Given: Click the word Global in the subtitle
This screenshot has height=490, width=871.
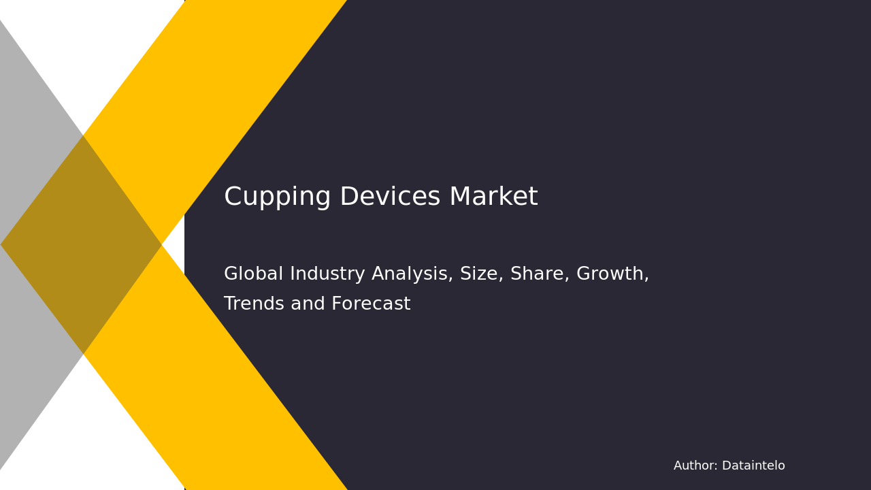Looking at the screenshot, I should click(252, 274).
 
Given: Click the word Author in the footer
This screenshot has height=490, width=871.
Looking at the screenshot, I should click(695, 466).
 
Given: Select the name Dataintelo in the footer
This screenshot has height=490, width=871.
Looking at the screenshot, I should click(753, 466).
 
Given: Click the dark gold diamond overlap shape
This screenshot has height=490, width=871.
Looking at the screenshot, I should click(82, 244).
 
